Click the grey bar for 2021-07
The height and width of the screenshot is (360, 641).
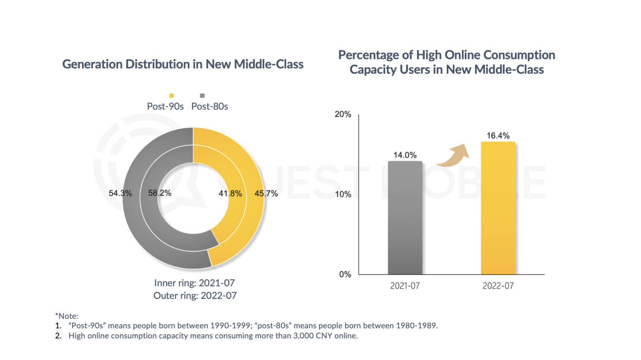(405, 218)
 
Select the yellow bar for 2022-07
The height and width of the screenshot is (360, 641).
(498, 208)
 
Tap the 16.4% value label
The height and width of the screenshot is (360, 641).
(498, 136)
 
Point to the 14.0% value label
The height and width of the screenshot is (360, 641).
(405, 155)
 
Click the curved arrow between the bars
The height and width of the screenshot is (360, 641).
(453, 155)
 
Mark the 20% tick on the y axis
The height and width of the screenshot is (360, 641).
(343, 114)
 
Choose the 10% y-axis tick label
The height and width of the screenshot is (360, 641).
(343, 194)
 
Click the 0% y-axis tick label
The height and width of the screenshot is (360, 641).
(345, 274)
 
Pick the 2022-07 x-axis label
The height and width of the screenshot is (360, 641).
(498, 286)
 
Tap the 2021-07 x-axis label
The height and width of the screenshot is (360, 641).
(405, 286)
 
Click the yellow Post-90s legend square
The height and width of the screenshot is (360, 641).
(172, 96)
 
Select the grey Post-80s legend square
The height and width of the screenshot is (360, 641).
(202, 96)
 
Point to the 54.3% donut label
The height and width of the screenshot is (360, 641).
(120, 194)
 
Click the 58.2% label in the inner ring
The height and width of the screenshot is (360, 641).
(159, 193)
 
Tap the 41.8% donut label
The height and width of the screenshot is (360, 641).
(230, 194)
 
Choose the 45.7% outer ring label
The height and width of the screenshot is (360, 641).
(266, 194)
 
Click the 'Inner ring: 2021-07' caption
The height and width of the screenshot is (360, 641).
(194, 283)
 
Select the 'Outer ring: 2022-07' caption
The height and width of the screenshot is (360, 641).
(195, 296)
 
